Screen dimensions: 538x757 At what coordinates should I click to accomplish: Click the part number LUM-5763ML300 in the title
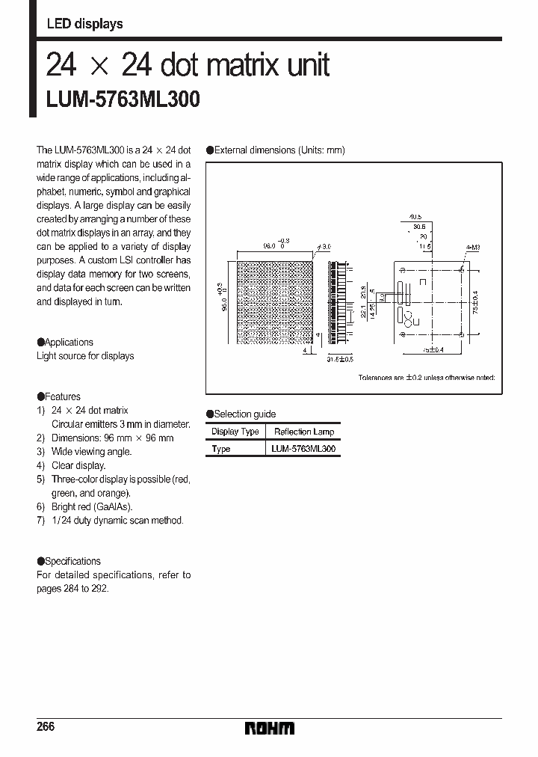tap(123, 99)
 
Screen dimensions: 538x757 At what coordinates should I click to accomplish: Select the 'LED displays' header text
tap(84, 24)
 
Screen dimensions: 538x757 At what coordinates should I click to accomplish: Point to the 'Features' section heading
tap(62, 396)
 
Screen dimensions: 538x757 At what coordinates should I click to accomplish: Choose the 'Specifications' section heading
tap(72, 561)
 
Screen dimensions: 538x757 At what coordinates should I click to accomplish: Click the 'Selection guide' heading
tap(244, 414)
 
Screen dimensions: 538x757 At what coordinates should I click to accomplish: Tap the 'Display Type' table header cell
tap(235, 432)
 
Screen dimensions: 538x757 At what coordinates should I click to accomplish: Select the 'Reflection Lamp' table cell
tap(303, 432)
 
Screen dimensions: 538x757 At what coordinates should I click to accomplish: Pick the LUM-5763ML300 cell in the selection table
tap(303, 449)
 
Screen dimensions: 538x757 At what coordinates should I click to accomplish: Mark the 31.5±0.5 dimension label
tap(340, 359)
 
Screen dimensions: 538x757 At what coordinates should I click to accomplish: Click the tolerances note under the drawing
tap(426, 378)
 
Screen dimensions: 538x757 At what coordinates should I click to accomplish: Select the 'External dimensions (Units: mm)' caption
tap(279, 150)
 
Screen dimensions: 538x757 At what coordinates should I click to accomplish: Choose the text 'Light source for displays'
tap(85, 356)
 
